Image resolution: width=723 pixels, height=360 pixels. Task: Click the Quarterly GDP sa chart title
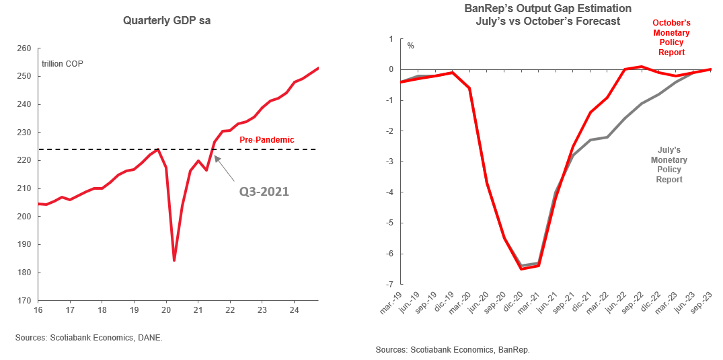pyautogui.click(x=167, y=21)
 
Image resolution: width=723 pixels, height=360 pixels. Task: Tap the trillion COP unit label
pyautogui.click(x=63, y=64)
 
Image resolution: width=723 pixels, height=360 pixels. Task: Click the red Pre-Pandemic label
pyautogui.click(x=267, y=140)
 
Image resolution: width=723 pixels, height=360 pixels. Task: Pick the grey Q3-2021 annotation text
pyautogui.click(x=264, y=191)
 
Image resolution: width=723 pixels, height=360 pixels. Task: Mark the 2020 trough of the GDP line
pyautogui.click(x=174, y=260)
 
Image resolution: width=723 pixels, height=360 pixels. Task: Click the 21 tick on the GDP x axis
pyautogui.click(x=198, y=310)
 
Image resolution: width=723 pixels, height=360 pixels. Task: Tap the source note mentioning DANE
pyautogui.click(x=89, y=338)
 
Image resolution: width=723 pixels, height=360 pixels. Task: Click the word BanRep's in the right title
pyautogui.click(x=490, y=9)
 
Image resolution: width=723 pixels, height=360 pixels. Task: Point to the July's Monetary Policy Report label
pyautogui.click(x=669, y=166)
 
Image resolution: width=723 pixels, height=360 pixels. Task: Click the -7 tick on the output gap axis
pyautogui.click(x=388, y=285)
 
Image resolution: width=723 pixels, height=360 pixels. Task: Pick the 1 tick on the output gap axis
pyautogui.click(x=390, y=39)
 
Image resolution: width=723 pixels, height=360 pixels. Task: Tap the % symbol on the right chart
pyautogui.click(x=411, y=46)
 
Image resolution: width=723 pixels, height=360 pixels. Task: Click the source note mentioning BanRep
pyautogui.click(x=453, y=350)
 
